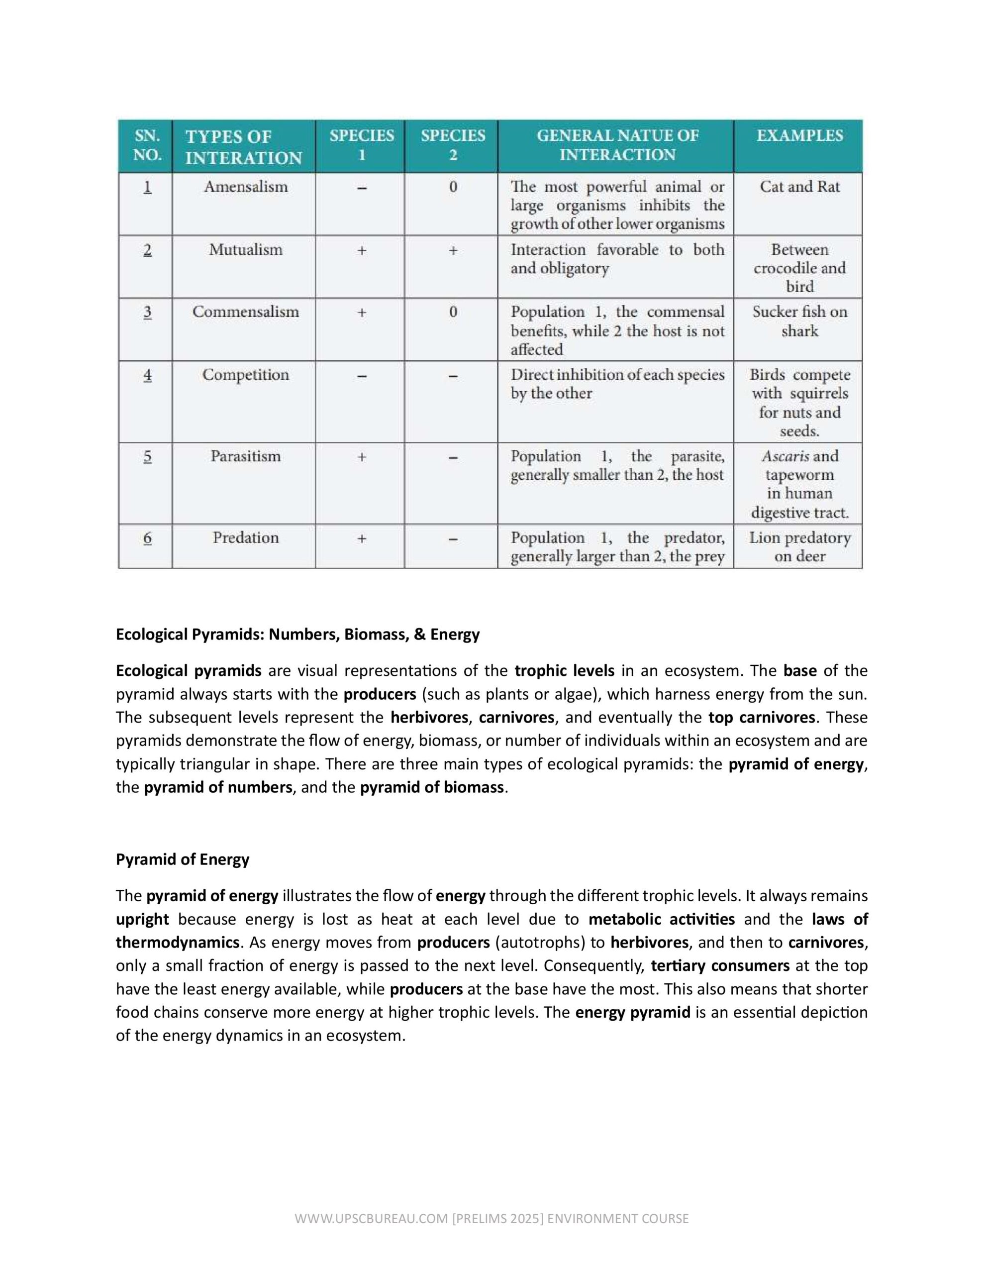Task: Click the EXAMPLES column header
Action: tap(799, 136)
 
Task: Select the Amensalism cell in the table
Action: tap(246, 187)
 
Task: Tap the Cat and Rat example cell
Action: tap(799, 187)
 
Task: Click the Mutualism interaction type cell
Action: tap(246, 250)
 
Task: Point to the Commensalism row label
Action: tap(246, 312)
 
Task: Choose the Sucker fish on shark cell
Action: tap(799, 321)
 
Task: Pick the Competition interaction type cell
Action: tap(246, 375)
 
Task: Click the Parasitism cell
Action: tap(246, 457)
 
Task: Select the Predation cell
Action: tap(246, 538)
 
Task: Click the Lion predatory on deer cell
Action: tap(799, 547)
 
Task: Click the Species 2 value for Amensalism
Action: tap(453, 187)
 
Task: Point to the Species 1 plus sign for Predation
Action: tap(362, 538)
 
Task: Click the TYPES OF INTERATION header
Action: tap(243, 147)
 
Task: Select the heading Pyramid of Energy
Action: tap(183, 860)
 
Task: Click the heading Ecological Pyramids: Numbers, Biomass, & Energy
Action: tap(297, 635)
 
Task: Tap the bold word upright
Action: tap(142, 920)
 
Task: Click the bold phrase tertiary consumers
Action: tap(720, 966)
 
